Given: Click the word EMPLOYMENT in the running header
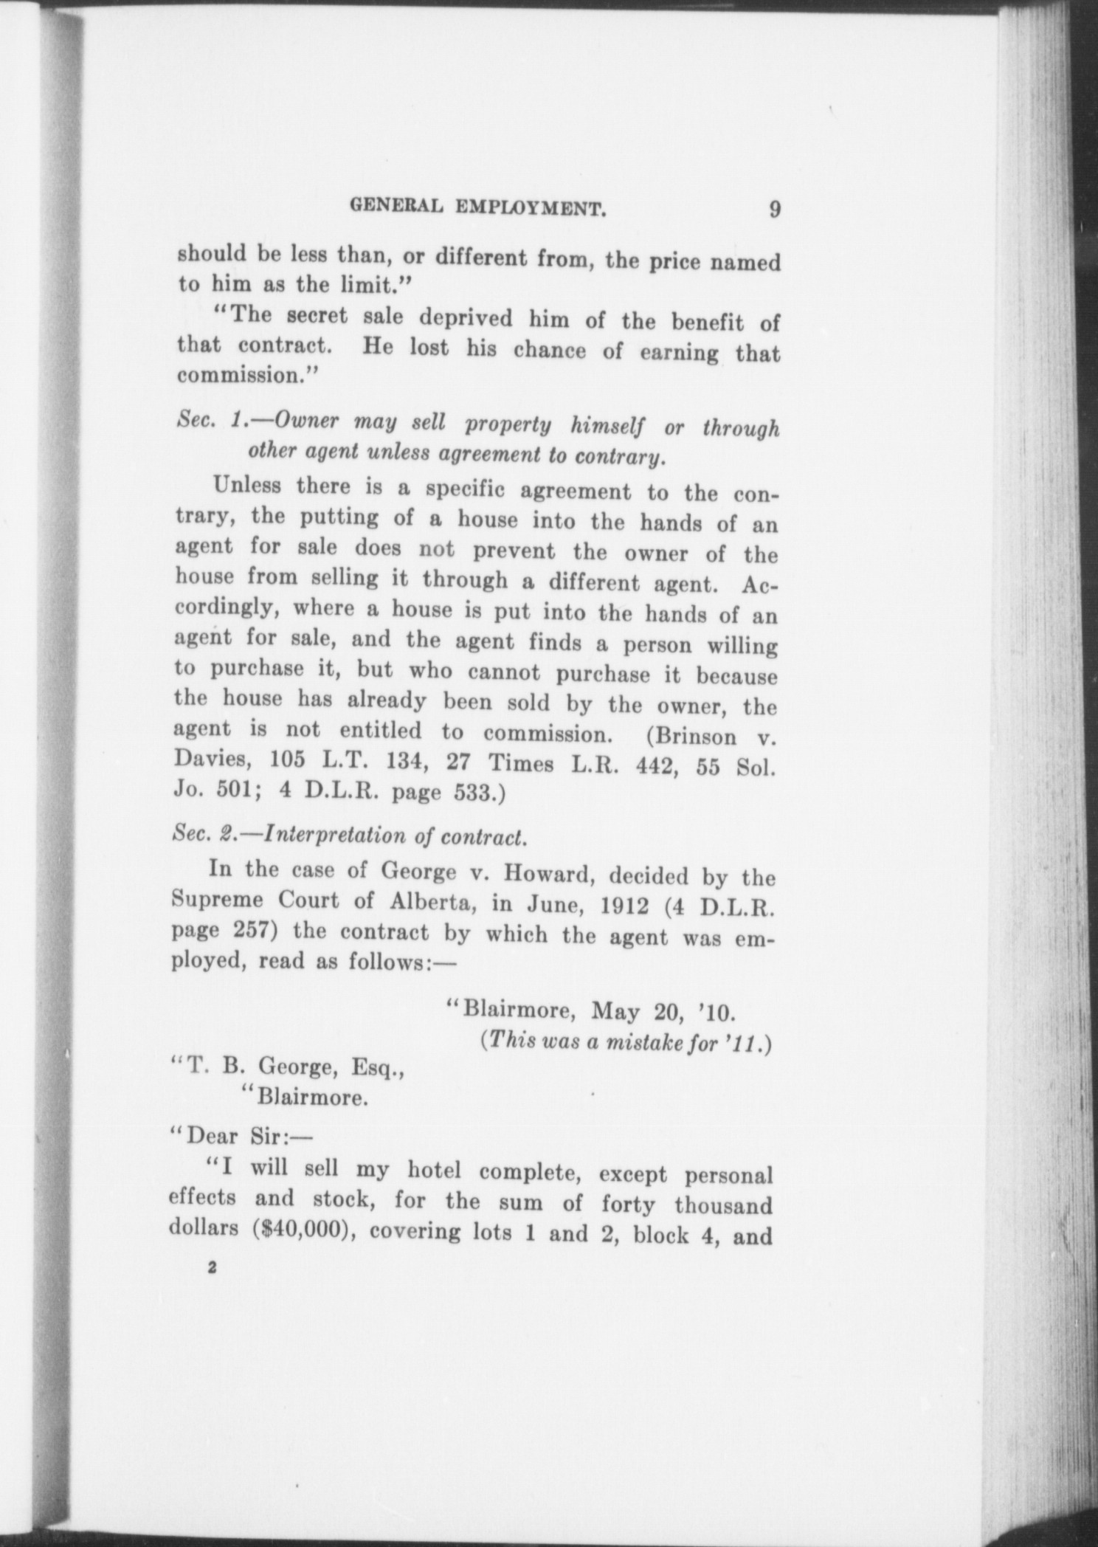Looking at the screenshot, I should (531, 209).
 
